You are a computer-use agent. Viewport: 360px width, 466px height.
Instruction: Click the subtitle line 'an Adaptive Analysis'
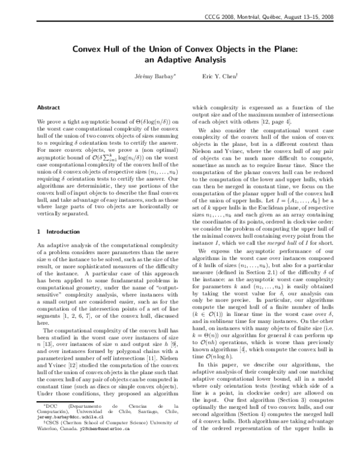click(179, 61)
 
